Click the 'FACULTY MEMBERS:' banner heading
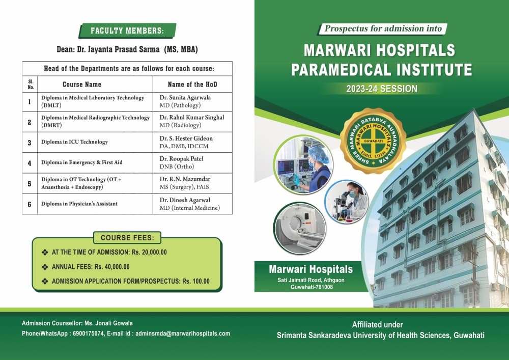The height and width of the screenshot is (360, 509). (127, 31)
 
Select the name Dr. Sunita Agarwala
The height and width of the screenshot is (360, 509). (185, 97)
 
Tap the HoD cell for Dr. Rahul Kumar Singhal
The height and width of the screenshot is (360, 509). (192, 121)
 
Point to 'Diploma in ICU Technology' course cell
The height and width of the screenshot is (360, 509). (95, 142)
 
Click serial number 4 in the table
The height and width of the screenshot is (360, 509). (30, 163)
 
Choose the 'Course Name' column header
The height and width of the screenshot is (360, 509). (82, 85)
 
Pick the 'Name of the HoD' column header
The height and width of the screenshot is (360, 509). (192, 85)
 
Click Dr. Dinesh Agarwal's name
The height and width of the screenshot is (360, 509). (185, 200)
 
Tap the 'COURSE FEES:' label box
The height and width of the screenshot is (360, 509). (127, 238)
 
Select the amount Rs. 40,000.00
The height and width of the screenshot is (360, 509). (112, 267)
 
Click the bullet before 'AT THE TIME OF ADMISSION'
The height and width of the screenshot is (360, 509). (45, 252)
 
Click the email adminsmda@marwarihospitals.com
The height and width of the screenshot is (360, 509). (183, 334)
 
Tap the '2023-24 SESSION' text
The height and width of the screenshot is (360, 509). (382, 89)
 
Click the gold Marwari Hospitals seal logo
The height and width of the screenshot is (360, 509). (373, 141)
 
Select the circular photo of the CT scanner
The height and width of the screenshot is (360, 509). (300, 228)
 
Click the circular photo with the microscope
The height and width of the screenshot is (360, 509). (347, 202)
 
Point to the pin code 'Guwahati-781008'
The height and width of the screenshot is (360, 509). (312, 287)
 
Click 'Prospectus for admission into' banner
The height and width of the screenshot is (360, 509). (383, 29)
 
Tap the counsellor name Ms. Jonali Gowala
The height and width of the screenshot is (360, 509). (108, 323)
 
